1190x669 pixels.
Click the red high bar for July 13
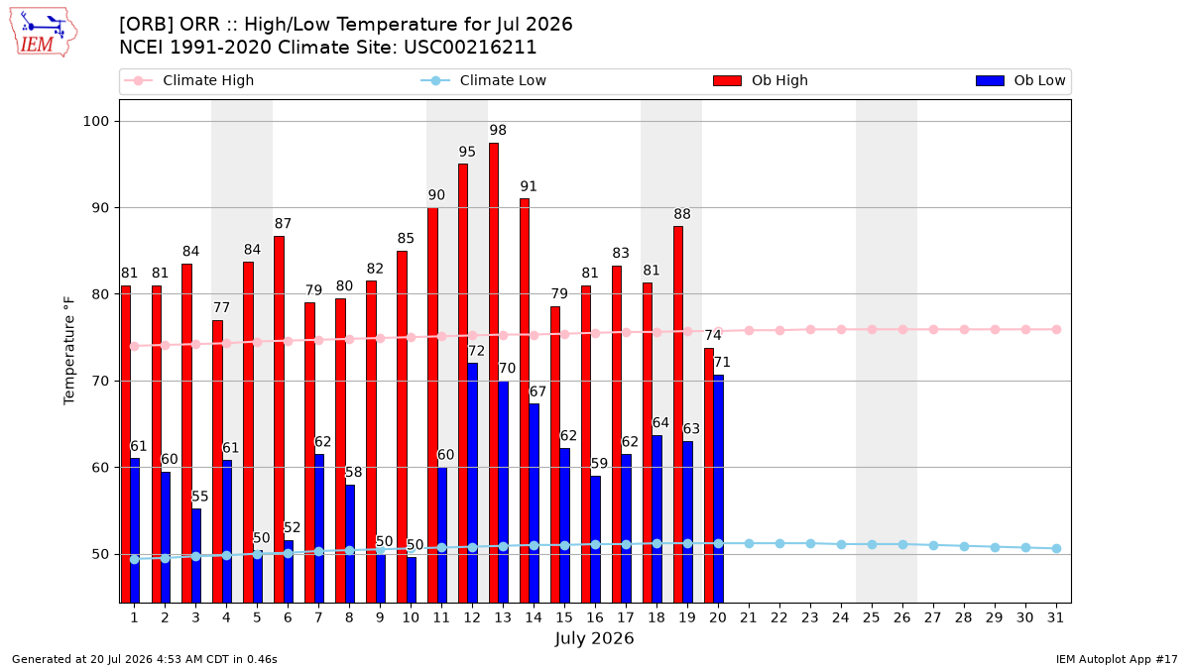[494, 373]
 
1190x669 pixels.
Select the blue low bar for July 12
[472, 483]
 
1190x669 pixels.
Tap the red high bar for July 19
[678, 414]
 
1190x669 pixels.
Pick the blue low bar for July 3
[196, 555]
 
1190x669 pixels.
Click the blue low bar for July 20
[718, 489]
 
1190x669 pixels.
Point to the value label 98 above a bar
[498, 130]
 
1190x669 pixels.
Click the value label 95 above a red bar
[467, 152]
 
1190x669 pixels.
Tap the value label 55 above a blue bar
[199, 497]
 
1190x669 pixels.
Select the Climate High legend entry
[188, 80]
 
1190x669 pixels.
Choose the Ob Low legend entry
[1020, 80]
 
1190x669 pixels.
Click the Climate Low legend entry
[483, 80]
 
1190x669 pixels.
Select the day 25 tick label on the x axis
[872, 617]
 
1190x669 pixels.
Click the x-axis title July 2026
[594, 638]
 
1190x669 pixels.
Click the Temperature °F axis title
[69, 351]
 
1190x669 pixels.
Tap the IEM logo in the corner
[43, 33]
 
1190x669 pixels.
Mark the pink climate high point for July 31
[1056, 330]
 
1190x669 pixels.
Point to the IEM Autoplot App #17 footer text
[1117, 659]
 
